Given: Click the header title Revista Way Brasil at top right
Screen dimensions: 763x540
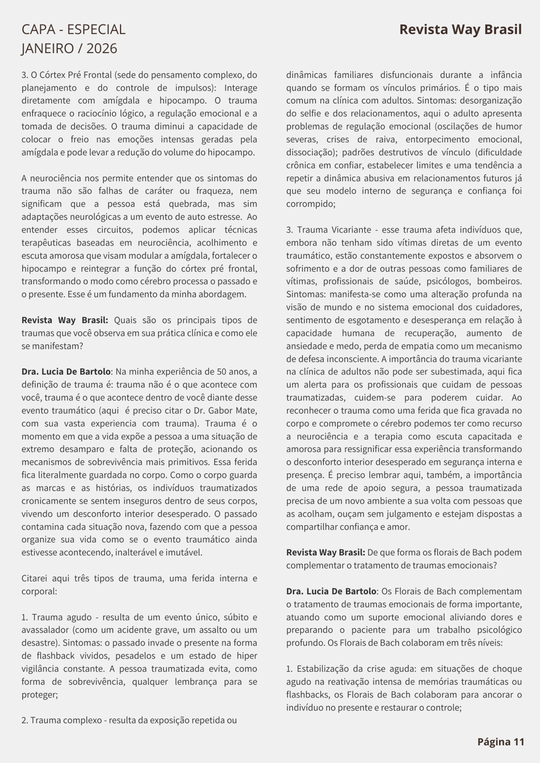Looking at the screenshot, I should (460, 30).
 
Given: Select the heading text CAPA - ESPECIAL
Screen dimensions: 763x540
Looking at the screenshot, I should (73, 30).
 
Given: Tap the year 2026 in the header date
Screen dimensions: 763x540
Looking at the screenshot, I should (102, 49).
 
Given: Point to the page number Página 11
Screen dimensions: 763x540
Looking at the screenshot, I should (501, 742).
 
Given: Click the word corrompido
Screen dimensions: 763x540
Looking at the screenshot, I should (310, 204).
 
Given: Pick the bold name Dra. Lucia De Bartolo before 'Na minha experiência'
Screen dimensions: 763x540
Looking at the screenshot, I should (66, 371).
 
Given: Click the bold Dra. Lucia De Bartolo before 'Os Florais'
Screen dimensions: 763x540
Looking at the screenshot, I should (331, 591).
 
